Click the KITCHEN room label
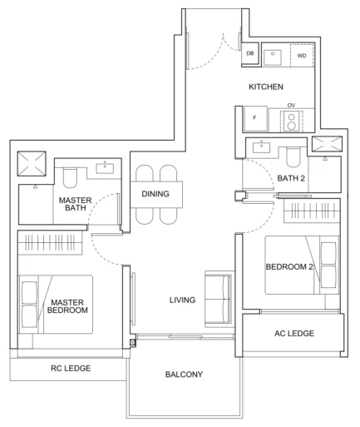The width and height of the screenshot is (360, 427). pyautogui.click(x=266, y=87)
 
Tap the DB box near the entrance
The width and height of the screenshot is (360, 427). pyautogui.click(x=250, y=53)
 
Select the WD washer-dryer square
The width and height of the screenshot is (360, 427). pyautogui.click(x=302, y=56)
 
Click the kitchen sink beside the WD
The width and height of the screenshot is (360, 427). pyautogui.click(x=273, y=57)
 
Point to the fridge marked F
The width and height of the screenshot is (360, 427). pyautogui.click(x=255, y=118)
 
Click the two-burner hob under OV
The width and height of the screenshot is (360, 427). pyautogui.click(x=291, y=121)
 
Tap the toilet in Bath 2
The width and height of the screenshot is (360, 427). pyautogui.click(x=293, y=157)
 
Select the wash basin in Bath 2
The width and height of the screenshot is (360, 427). pyautogui.click(x=261, y=146)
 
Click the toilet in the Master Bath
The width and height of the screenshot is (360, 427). pyautogui.click(x=70, y=177)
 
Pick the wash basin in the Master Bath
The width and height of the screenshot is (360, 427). pyautogui.click(x=105, y=168)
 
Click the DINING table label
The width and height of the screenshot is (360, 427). pyautogui.click(x=155, y=194)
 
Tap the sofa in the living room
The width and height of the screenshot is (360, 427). pyautogui.click(x=218, y=300)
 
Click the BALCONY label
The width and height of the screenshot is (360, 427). pyautogui.click(x=184, y=375)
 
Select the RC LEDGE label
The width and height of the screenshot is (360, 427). pyautogui.click(x=71, y=368)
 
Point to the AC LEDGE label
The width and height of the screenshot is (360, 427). pyautogui.click(x=294, y=333)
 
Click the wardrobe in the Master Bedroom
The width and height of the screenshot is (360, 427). pyautogui.click(x=50, y=242)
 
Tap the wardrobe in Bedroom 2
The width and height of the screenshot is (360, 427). pyautogui.click(x=312, y=211)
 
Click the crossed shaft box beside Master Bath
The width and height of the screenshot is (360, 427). pyautogui.click(x=32, y=163)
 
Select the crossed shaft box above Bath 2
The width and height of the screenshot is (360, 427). pyautogui.click(x=327, y=144)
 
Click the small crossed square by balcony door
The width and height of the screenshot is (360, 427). pyautogui.click(x=133, y=343)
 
